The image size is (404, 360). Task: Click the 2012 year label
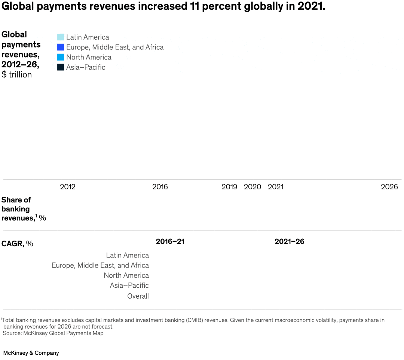pyautogui.click(x=67, y=187)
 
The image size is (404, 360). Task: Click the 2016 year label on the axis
pyautogui.click(x=160, y=187)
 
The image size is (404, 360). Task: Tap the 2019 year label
pyautogui.click(x=229, y=187)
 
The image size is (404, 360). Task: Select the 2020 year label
pyautogui.click(x=252, y=187)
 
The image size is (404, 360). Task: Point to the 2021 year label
pyautogui.click(x=275, y=187)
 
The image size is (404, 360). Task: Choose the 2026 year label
pyautogui.click(x=389, y=187)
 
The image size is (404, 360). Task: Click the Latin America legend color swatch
pyautogui.click(x=61, y=37)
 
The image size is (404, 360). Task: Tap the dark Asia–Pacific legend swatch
pyautogui.click(x=61, y=67)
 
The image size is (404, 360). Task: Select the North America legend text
pyautogui.click(x=89, y=57)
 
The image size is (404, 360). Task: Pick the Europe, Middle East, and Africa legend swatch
pyautogui.click(x=61, y=47)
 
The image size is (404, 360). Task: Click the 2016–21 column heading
pyautogui.click(x=170, y=241)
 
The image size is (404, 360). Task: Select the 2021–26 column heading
pyautogui.click(x=289, y=241)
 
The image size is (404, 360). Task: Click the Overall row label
pyautogui.click(x=138, y=296)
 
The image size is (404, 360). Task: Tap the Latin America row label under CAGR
pyautogui.click(x=127, y=255)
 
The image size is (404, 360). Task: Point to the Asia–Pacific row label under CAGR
pyautogui.click(x=129, y=286)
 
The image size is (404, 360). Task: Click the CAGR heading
pyautogui.click(x=17, y=244)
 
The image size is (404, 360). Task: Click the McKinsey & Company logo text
pyautogui.click(x=31, y=353)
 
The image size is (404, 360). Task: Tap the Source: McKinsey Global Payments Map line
pyautogui.click(x=53, y=333)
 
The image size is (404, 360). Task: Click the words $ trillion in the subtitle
pyautogui.click(x=17, y=74)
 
